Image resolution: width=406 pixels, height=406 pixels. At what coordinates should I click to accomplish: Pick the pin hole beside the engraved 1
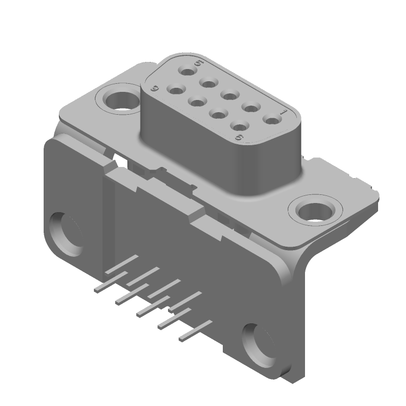coord(273,120)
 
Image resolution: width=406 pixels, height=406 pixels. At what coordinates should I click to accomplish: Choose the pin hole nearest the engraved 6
coord(238,124)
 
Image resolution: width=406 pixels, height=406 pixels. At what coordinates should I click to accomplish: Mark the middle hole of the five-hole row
coord(229,94)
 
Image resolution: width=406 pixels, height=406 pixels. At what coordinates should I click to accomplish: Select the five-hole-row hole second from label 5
coord(208,82)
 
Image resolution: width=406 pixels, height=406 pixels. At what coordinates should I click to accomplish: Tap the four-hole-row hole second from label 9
coord(196,101)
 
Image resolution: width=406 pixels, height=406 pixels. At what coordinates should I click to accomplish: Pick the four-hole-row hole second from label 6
coord(218,113)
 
